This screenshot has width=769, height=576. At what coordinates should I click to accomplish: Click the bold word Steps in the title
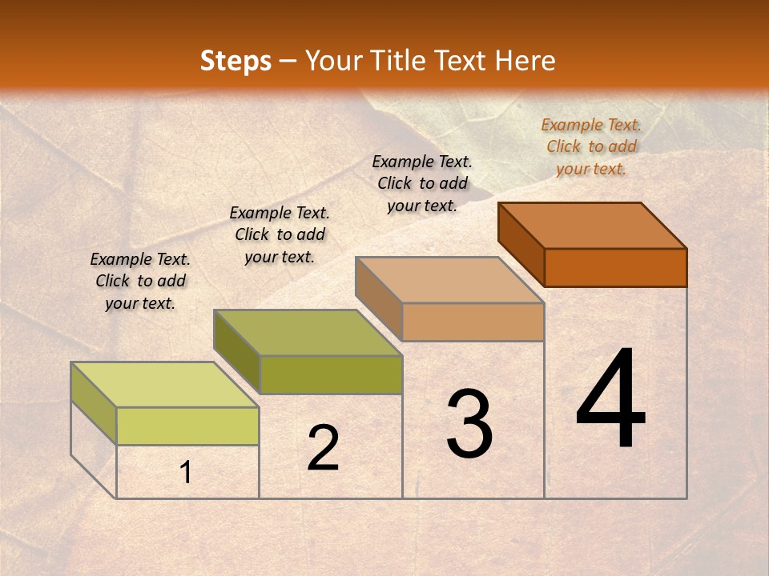[236, 61]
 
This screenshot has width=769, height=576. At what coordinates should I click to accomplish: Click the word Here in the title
[525, 61]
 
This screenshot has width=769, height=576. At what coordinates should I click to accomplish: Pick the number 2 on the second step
[323, 448]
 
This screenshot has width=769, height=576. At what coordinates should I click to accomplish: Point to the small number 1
[186, 472]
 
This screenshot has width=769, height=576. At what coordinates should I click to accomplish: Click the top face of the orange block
[593, 226]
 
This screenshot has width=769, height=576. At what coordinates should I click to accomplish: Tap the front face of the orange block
[615, 267]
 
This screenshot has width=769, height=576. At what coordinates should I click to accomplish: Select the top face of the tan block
[450, 280]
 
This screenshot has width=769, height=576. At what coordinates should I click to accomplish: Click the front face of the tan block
[473, 322]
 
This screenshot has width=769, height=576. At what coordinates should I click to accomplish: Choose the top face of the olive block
[308, 333]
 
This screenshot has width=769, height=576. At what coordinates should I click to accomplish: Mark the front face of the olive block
[330, 374]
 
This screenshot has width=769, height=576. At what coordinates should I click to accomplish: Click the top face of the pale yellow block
[165, 385]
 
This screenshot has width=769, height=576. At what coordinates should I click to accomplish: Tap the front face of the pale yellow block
[187, 426]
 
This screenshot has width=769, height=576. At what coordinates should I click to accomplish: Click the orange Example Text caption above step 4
[591, 146]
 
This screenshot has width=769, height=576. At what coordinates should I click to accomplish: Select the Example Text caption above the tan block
[422, 183]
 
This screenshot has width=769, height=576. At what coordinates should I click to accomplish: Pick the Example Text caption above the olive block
[280, 234]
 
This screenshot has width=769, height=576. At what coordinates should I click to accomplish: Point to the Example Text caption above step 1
[140, 281]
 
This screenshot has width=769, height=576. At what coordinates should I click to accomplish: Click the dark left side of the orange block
[521, 243]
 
